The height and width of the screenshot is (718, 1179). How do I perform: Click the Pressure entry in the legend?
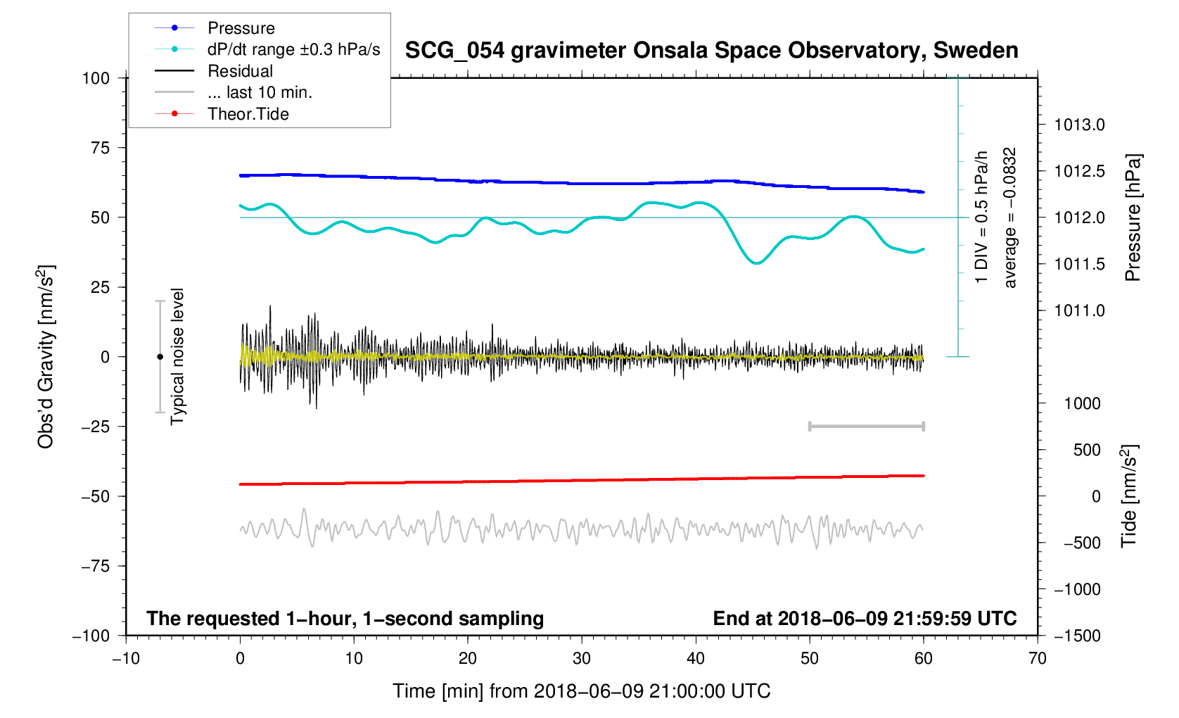(241, 28)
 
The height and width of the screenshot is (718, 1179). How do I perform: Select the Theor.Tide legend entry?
(248, 114)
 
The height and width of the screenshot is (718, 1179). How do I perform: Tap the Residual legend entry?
(240, 71)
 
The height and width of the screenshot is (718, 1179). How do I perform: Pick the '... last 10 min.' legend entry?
(260, 92)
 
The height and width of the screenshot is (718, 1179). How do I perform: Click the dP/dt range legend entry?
(293, 49)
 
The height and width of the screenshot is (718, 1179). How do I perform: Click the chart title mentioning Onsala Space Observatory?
(711, 51)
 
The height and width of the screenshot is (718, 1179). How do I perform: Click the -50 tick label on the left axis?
(96, 496)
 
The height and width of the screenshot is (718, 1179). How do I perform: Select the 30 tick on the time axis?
(582, 658)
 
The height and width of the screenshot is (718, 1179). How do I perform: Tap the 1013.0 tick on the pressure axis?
(1079, 125)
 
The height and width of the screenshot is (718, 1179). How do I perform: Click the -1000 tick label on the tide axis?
(1076, 589)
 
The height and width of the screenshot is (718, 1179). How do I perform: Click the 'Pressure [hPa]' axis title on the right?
(1132, 218)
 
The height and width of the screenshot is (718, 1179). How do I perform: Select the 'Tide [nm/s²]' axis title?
(1129, 496)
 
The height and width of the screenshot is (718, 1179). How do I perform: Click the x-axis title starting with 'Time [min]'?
(581, 691)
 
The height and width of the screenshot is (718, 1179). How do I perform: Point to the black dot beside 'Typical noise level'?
(160, 357)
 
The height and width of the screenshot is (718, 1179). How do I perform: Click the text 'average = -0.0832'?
(1010, 218)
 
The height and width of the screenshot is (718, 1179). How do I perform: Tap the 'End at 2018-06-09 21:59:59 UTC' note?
(865, 619)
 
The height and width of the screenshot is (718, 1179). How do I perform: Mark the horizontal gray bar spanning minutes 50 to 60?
(866, 427)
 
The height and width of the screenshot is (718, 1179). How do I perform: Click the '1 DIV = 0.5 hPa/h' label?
(981, 218)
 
